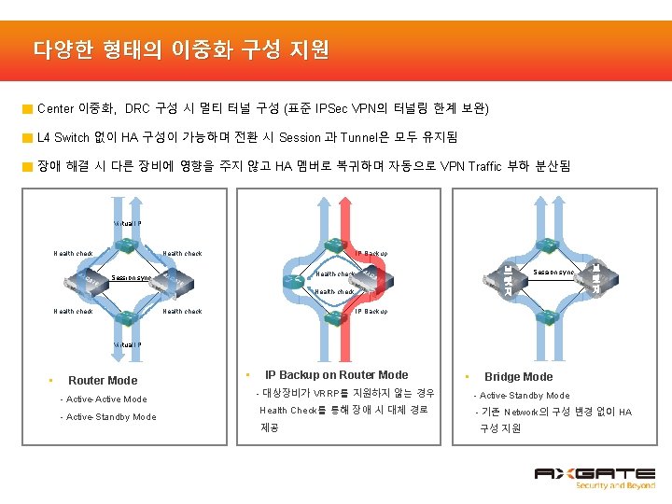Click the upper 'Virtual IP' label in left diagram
coord(127,224)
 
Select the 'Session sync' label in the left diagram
coord(131,278)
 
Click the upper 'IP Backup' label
coord(371,254)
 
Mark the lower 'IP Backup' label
coord(371,312)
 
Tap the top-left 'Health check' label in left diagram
coord(73,254)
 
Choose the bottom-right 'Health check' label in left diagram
coord(182,312)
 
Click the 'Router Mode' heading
coord(103,380)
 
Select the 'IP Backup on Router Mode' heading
coord(336,375)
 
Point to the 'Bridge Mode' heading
coord(518,377)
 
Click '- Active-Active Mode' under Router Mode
coord(103,399)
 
